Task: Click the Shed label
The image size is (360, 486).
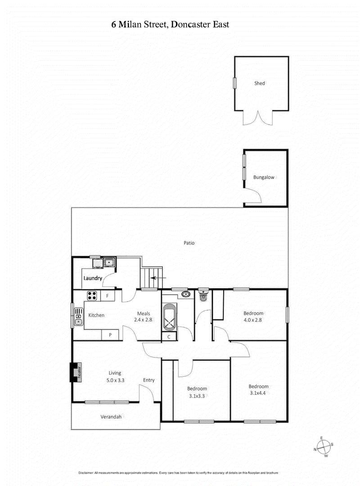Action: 259,83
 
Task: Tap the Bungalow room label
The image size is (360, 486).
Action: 264,177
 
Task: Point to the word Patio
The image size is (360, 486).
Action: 189,243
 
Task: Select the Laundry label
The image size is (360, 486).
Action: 93,278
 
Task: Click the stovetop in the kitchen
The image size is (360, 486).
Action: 92,296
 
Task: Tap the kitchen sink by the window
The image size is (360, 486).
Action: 79,319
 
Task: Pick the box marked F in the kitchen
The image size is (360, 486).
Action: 108,296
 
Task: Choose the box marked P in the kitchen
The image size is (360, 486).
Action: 110,334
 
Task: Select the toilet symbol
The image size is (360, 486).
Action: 203,295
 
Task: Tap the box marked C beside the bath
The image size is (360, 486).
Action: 169,336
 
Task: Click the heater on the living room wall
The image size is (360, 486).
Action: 74,372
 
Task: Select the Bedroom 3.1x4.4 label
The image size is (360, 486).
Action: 259,390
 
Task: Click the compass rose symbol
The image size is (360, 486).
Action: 323,446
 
